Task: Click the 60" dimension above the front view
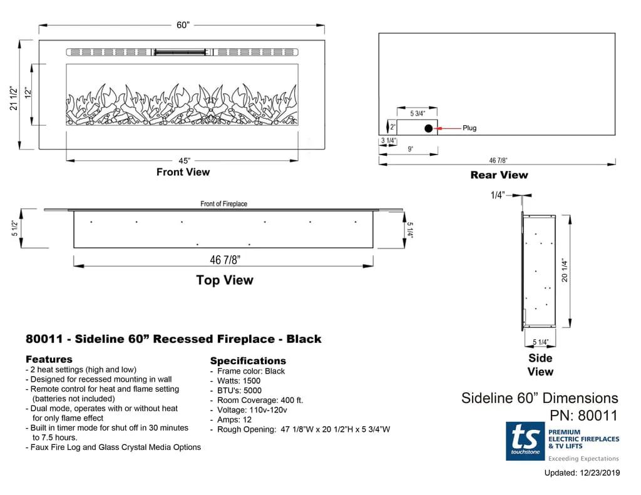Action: click(182, 25)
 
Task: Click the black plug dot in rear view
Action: click(429, 128)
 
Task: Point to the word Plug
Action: click(469, 128)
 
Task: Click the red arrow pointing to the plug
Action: click(447, 128)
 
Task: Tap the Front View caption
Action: click(183, 172)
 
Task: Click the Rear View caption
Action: click(499, 175)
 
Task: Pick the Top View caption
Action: click(224, 280)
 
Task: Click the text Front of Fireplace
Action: click(223, 204)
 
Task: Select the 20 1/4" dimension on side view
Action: click(565, 270)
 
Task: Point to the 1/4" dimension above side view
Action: click(497, 195)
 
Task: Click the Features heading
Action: click(49, 359)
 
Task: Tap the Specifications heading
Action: click(248, 361)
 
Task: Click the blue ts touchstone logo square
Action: click(525, 441)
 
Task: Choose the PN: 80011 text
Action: click(583, 415)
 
